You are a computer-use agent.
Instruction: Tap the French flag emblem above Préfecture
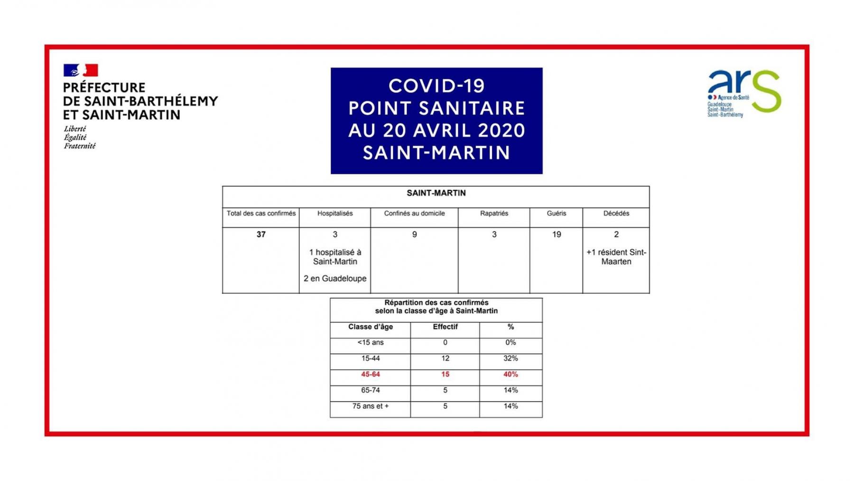point(81,70)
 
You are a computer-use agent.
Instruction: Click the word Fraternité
point(80,146)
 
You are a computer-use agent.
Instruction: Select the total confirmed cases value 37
point(261,234)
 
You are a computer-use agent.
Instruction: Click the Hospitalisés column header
point(335,213)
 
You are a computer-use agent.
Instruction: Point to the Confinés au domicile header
point(414,213)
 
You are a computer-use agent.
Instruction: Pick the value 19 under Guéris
point(557,234)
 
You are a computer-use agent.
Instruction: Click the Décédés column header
point(616,213)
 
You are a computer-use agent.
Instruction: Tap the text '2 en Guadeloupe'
point(335,278)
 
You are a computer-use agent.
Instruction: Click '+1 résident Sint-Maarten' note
point(616,257)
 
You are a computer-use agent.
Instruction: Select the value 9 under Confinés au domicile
point(414,234)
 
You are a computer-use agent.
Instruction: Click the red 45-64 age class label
point(370,374)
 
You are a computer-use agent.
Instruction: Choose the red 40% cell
point(511,374)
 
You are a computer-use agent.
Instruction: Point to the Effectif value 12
point(445,358)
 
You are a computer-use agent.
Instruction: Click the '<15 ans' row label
point(370,342)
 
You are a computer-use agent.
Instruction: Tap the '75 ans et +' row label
point(370,406)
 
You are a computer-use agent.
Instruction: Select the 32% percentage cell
point(511,358)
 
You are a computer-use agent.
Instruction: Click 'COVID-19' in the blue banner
point(436,86)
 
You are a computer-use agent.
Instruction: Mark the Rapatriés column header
point(494,213)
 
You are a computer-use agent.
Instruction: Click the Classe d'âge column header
point(370,327)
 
